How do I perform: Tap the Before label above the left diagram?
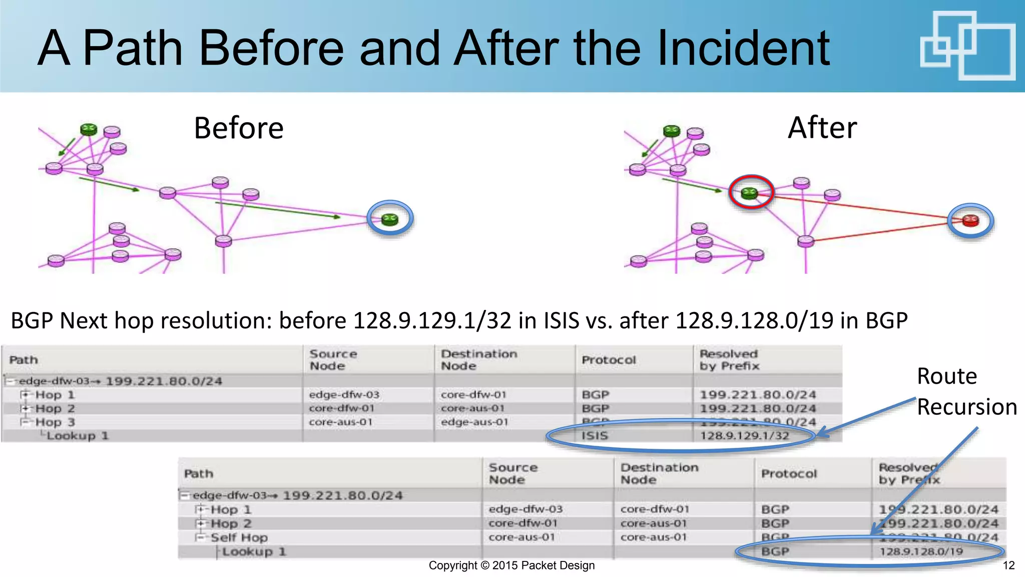coord(238,128)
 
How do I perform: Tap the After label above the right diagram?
coord(822,128)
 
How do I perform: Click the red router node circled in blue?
coord(970,220)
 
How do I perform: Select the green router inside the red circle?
coord(749,193)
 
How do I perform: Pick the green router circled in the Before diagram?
coord(389,219)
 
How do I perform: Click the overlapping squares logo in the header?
coord(967,46)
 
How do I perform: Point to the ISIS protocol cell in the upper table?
coord(595,436)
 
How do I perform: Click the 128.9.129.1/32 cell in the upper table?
coord(744,436)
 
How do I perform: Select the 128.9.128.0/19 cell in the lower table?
coord(921,551)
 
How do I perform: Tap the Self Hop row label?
coord(239,537)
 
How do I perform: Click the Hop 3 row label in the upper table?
coord(55,422)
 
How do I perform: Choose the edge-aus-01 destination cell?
coord(474,422)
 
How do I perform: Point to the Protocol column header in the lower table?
coord(788,474)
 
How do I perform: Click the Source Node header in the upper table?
coord(333,360)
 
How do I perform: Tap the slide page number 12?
coord(1008,565)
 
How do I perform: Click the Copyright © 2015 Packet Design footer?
coord(511,565)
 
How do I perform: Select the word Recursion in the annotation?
coord(966,407)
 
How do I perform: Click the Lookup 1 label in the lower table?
coord(254,551)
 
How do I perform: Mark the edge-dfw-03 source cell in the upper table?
coord(344,395)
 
